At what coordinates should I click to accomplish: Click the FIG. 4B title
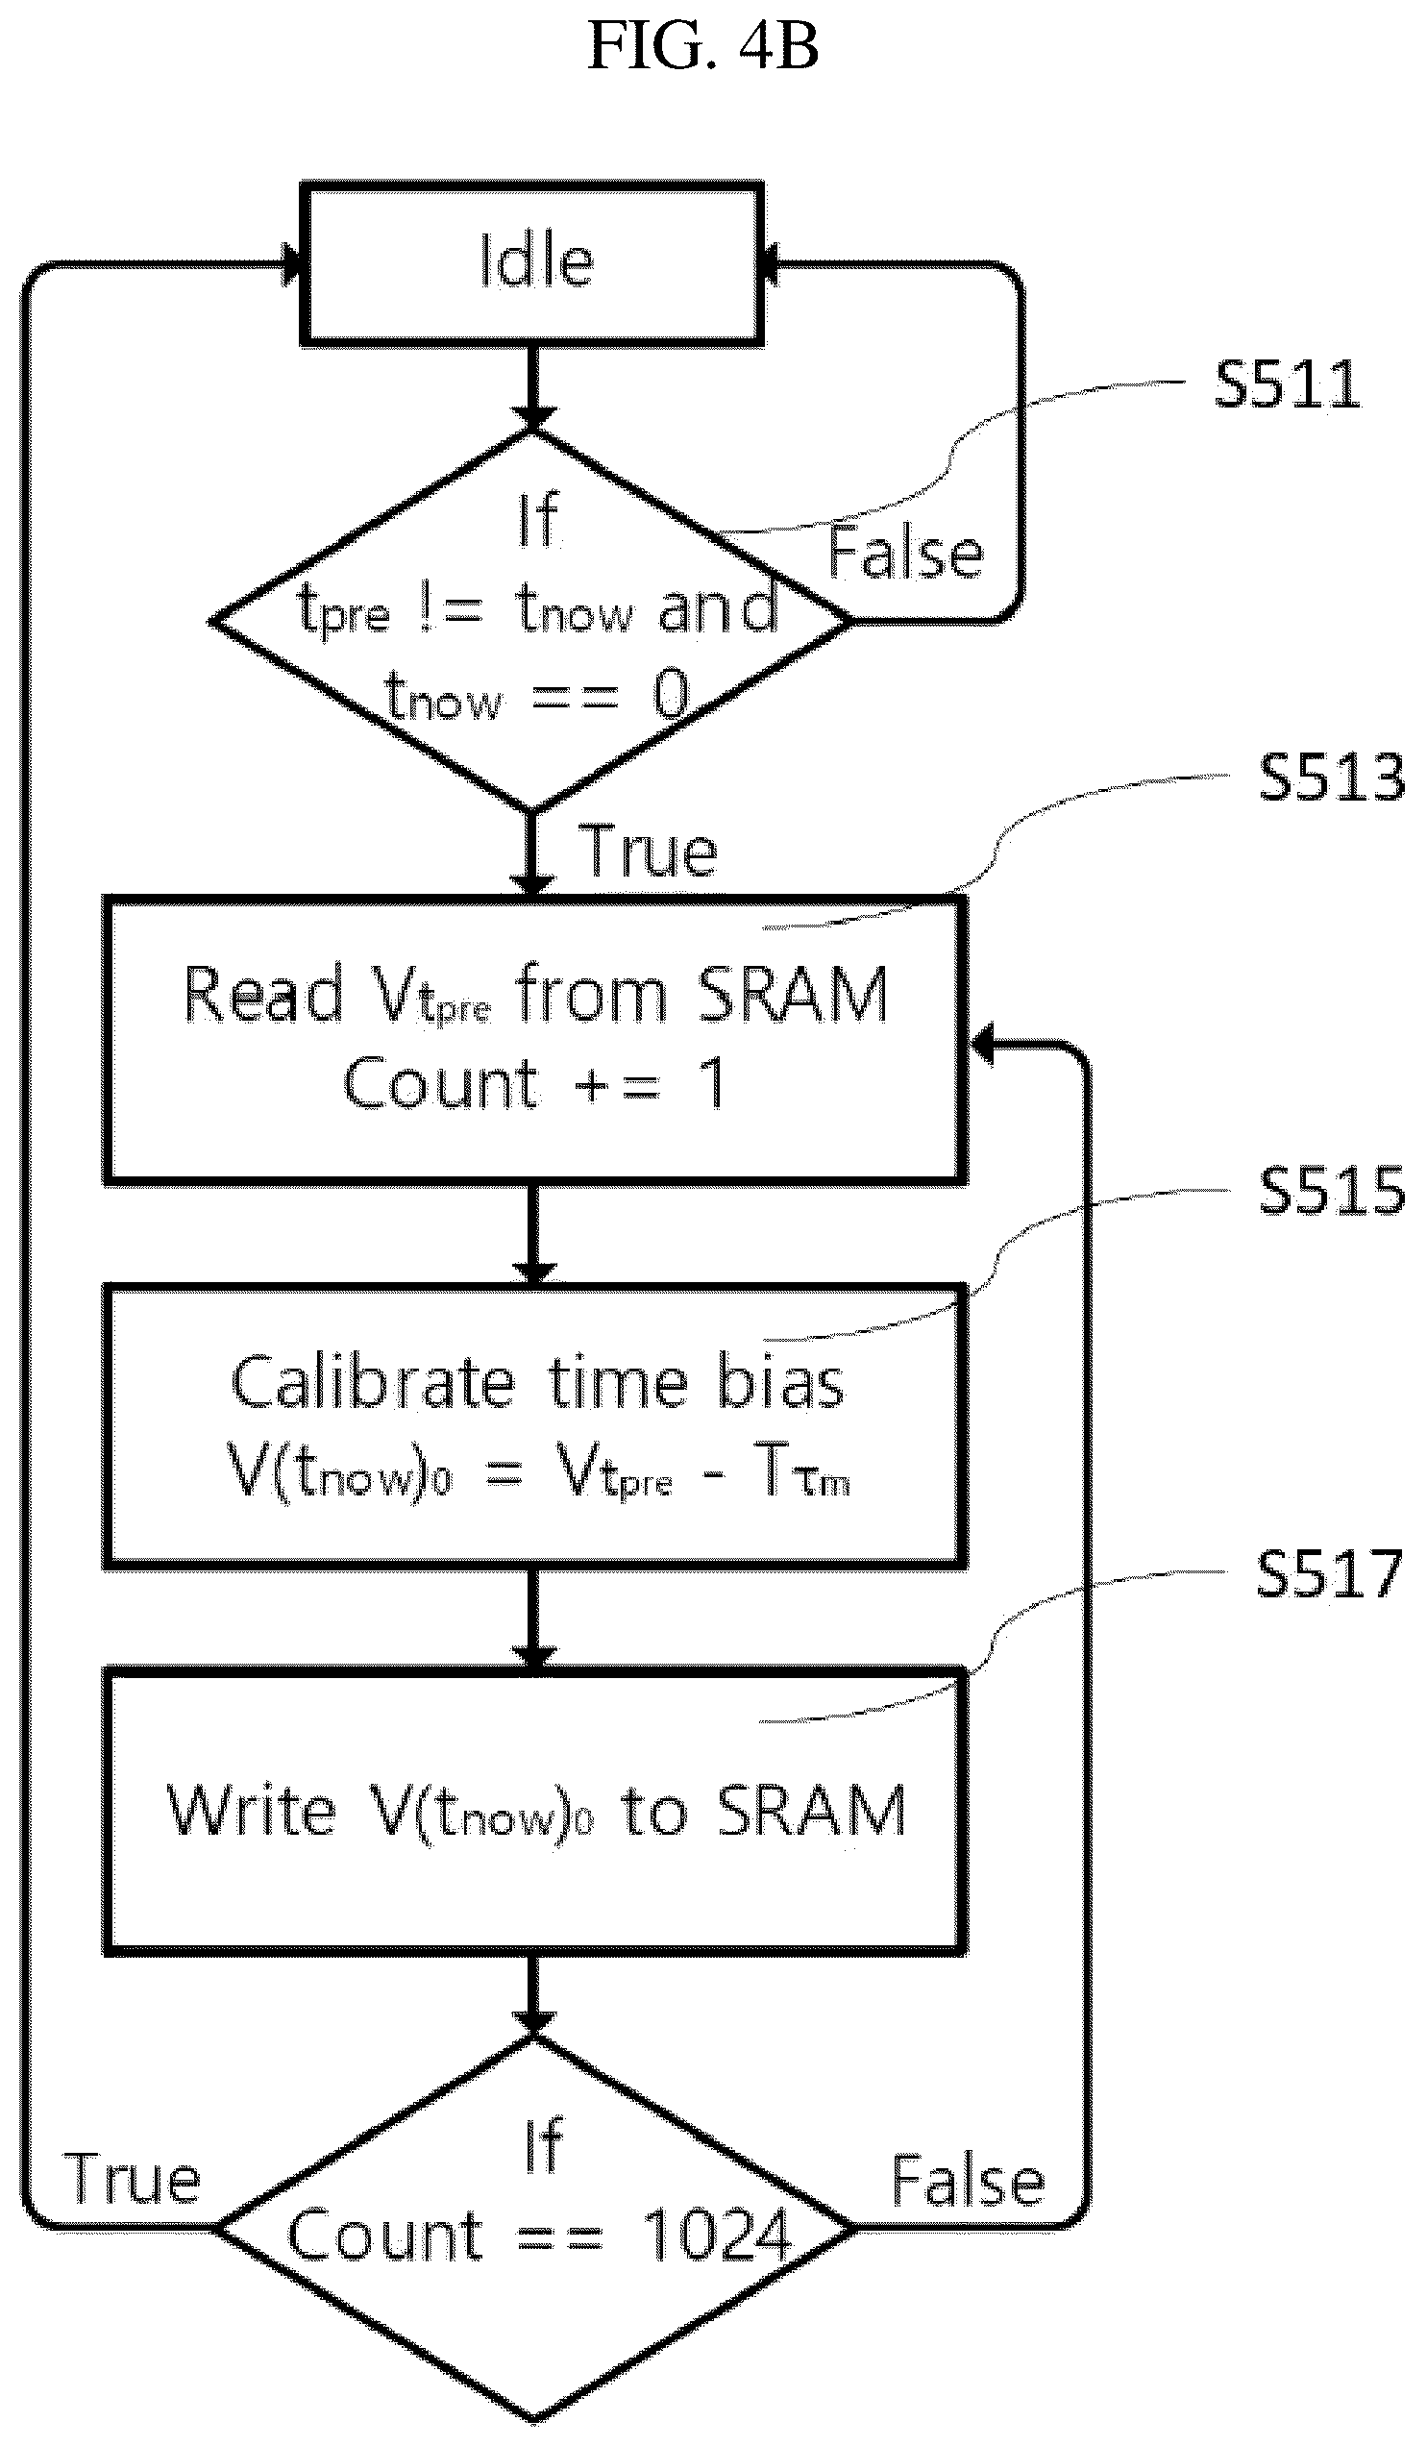coord(703,45)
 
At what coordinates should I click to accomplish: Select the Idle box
coord(532,263)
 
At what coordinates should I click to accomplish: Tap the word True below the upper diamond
coord(648,850)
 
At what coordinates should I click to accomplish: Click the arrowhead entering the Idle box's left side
coord(290,263)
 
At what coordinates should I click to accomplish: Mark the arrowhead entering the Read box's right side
coord(982,1045)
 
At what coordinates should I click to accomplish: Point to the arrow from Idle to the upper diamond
coord(532,387)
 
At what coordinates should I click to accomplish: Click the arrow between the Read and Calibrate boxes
coord(533,1233)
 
